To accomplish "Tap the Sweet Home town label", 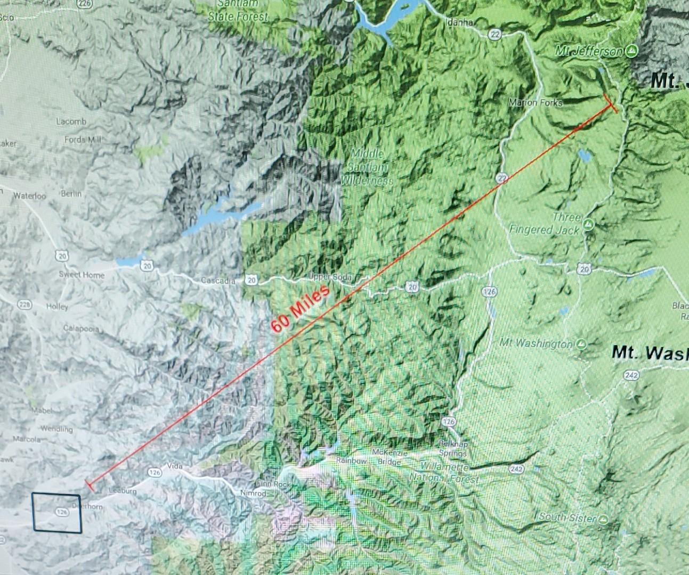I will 82,275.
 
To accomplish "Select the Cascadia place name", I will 218,281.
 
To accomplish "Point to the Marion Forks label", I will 536,102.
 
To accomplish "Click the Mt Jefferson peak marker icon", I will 631,51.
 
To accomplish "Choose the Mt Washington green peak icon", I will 581,344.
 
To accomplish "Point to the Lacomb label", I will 71,121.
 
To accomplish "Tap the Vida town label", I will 175,466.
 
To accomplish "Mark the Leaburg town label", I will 123,491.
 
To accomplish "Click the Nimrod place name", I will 253,494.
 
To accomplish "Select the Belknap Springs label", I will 452,448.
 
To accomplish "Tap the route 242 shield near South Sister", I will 515,469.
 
